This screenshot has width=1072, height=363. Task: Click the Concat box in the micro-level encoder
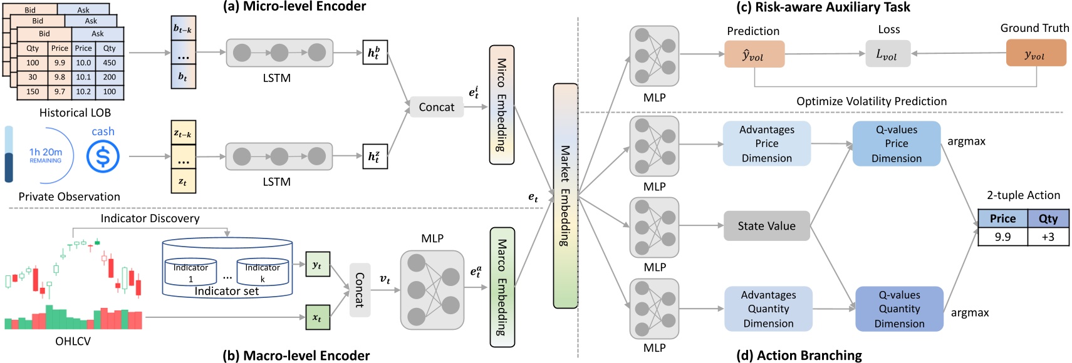coord(436,107)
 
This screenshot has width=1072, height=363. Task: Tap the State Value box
coord(766,226)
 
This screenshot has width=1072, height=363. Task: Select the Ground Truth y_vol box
coord(1035,54)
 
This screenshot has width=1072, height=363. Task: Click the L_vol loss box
coord(887,54)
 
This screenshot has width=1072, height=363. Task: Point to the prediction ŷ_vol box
coord(754,55)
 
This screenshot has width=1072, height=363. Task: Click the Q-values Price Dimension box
coord(896,144)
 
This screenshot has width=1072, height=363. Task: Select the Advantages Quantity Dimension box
coord(768,309)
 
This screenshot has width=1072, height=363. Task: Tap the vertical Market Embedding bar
coord(565,195)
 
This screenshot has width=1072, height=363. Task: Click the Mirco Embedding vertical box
coord(501,105)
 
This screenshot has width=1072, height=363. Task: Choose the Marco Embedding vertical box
coord(502,287)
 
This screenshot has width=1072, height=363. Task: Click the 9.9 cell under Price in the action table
coord(1002,237)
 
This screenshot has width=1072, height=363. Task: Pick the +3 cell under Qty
coord(1048,237)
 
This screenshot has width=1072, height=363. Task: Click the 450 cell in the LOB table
coord(110,63)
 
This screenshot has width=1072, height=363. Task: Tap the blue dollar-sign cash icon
coord(103,156)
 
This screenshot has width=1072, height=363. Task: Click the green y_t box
coord(317,265)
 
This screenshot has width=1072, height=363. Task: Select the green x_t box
coord(317,317)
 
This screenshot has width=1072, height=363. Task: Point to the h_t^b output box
coord(375,53)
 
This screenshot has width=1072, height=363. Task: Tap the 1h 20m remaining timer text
coord(45,154)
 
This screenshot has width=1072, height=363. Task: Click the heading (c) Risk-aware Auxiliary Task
coord(823,7)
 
